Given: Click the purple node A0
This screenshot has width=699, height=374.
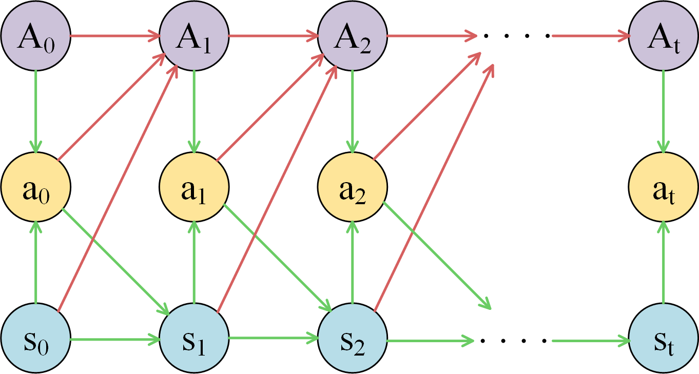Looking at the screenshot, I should pos(35,36).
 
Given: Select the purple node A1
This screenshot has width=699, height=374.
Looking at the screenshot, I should pos(193,36).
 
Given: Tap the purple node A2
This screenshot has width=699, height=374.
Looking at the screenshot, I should pos(352,36).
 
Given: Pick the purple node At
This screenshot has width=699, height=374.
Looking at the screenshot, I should pos(664,36).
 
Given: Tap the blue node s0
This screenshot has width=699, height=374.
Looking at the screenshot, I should pos(35,340).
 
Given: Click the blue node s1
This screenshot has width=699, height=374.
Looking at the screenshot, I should pos(193,340).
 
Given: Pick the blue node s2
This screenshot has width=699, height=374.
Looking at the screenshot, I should pos(352,340).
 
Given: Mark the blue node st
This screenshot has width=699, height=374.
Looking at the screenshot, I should pos(664,340).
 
